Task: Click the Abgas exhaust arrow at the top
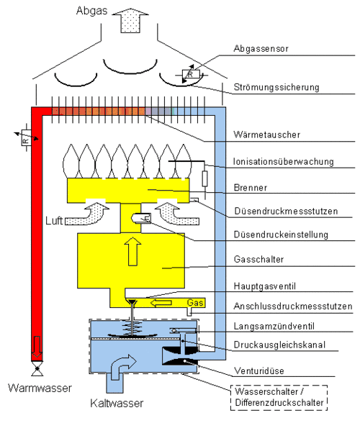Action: coord(130,20)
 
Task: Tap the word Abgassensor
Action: coord(261,49)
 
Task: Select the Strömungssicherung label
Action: coord(276,87)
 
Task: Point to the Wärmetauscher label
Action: coord(267,135)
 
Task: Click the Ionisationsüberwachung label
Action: coord(283,161)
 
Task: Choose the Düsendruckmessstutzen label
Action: coord(286,211)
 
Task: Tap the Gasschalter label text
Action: coord(258,259)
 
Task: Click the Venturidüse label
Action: coord(258,370)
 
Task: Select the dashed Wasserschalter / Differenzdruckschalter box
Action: coord(279,398)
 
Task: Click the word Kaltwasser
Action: coord(117,403)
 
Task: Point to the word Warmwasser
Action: coord(40,388)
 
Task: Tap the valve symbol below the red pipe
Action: coord(37,368)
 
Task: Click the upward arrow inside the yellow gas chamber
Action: coord(132,252)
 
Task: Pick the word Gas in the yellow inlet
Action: coord(195,303)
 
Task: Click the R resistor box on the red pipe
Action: coord(26,137)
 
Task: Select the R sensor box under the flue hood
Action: coord(191,74)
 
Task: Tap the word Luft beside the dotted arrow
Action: coord(54,221)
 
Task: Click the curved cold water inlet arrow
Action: coord(122,367)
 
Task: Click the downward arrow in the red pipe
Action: coord(37,347)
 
